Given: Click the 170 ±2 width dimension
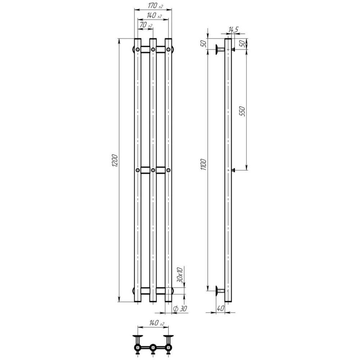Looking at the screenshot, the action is click(156, 6).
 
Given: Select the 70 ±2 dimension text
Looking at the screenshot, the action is click(146, 25).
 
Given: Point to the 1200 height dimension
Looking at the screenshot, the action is click(114, 161).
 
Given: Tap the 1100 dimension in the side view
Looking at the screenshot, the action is click(204, 164).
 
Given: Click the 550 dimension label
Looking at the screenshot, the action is click(242, 111).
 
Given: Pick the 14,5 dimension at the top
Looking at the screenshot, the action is click(234, 30).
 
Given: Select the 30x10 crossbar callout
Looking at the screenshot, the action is click(180, 275).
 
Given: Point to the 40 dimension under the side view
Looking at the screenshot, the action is click(220, 309).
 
